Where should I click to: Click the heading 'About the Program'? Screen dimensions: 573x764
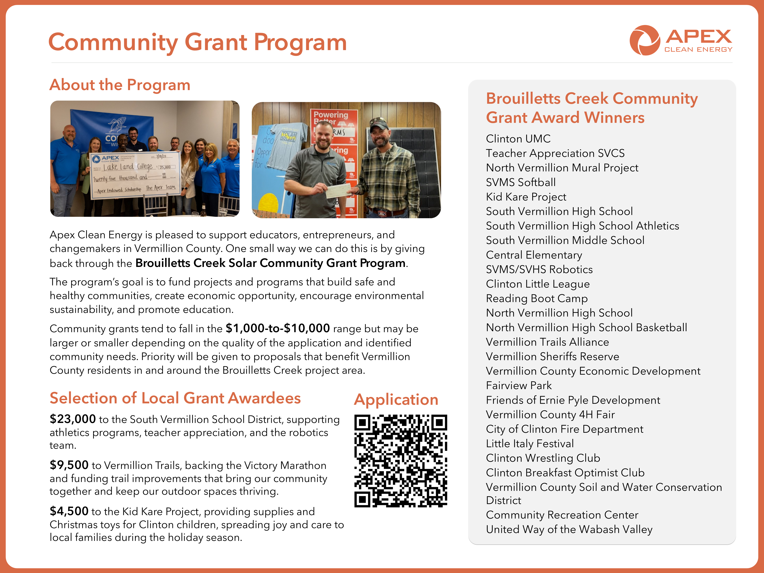120,85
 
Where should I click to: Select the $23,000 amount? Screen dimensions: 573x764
73,419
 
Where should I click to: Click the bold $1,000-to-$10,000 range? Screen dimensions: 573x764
278,328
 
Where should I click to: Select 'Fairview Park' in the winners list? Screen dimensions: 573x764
519,386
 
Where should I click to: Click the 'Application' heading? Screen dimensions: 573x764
396,400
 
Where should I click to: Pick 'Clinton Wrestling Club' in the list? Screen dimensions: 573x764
543,458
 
